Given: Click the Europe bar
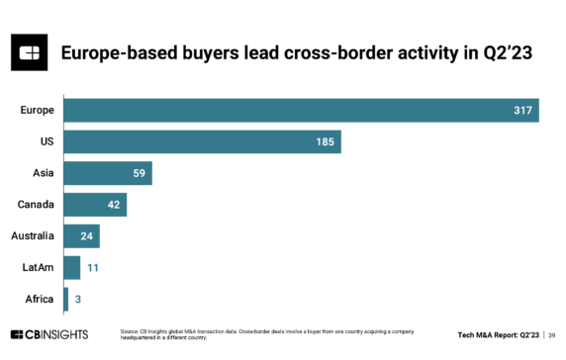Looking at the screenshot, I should coord(301,110).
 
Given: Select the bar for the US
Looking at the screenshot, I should coord(202,141).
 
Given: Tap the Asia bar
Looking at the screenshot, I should coord(108,173).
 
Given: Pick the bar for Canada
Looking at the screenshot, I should coord(95,205).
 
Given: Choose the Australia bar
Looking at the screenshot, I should coord(81,236).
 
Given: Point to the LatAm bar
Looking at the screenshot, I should coord(72,267).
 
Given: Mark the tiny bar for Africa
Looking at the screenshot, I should coord(65,299).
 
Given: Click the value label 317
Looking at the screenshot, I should coord(523,110).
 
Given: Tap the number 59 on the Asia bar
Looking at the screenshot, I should coord(140,173).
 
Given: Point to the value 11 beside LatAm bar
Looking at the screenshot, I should coord(91,268).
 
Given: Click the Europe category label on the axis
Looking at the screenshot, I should coord(37,110).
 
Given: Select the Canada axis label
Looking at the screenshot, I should coord(36,205).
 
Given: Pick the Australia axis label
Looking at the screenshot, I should coord(33,236).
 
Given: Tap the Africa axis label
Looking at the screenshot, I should coord(40,299).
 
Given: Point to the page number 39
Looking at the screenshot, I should coord(549,334).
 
